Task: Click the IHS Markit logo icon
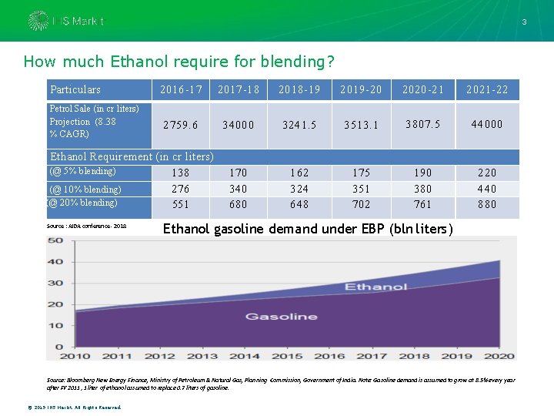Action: [37, 21]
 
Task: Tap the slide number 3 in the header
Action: [524, 22]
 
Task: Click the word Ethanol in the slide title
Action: [143, 62]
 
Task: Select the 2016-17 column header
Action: [181, 90]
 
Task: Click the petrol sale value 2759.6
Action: [181, 124]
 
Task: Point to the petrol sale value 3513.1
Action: [362, 124]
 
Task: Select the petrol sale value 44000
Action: [487, 124]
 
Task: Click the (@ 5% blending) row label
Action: [82, 171]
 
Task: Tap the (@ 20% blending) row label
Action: [82, 203]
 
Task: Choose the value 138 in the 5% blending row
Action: [181, 173]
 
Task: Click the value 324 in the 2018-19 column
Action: [299, 189]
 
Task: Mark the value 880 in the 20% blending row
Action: [487, 205]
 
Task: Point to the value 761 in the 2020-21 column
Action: [423, 205]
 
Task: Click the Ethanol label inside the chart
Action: [376, 287]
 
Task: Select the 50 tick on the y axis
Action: [55, 240]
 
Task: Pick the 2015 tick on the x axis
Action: [287, 355]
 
